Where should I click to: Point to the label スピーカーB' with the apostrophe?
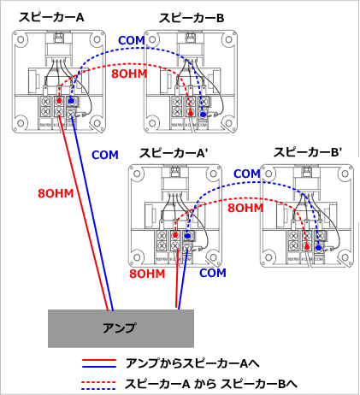pyautogui.click(x=308, y=152)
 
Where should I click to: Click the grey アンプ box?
pyautogui.click(x=120, y=328)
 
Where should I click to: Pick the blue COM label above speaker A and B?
pyautogui.click(x=131, y=40)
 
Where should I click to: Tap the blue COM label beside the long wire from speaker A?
pyautogui.click(x=103, y=156)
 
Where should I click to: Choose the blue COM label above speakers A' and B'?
pyautogui.click(x=246, y=174)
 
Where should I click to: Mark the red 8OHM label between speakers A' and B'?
pyautogui.click(x=245, y=208)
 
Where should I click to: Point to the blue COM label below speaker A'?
pyautogui.click(x=213, y=273)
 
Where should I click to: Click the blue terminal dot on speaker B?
pyautogui.click(x=203, y=113)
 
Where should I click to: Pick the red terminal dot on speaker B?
pyautogui.click(x=189, y=113)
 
